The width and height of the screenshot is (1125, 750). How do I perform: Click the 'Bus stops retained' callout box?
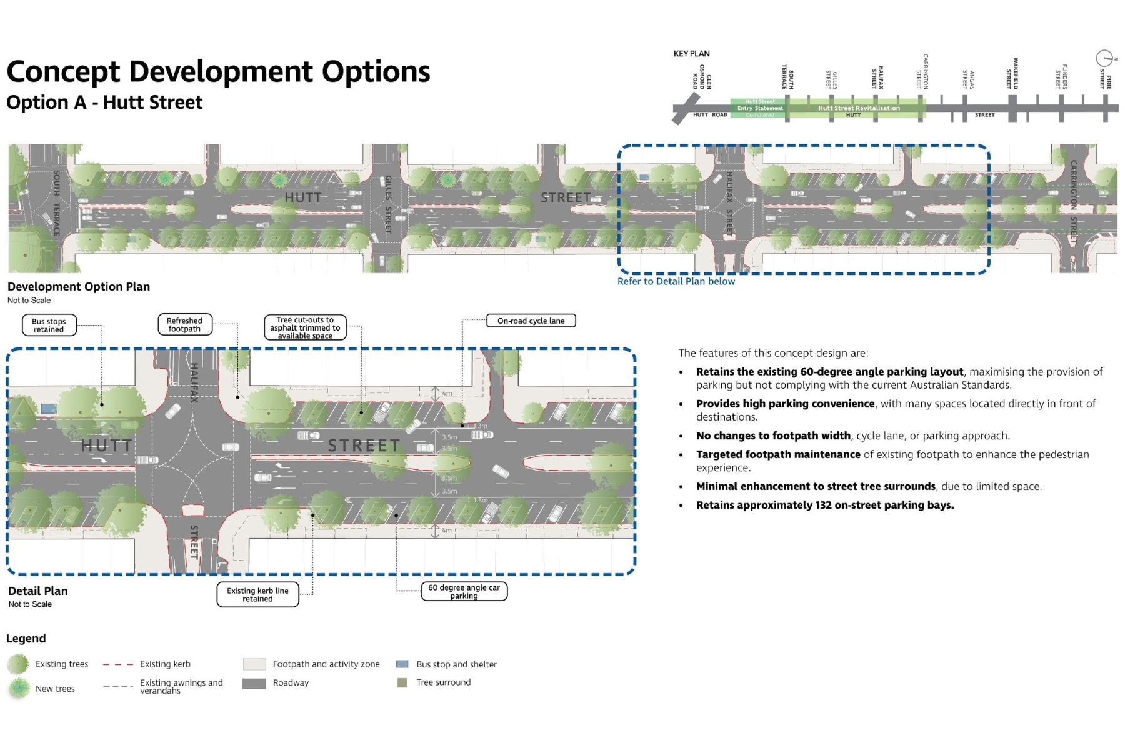[49, 325]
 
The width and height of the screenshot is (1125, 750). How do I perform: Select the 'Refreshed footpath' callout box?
[184, 325]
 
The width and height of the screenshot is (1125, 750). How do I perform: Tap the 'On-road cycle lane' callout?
[531, 321]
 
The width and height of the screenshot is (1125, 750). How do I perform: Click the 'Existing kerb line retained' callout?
[257, 594]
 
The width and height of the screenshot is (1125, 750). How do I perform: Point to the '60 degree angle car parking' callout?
[464, 591]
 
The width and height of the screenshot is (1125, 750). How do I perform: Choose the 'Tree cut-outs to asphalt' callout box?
[305, 327]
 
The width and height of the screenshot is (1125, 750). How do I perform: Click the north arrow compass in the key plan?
[1104, 58]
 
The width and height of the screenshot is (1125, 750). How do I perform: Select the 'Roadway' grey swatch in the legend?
[254, 683]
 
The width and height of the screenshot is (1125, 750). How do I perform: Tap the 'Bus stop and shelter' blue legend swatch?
[402, 664]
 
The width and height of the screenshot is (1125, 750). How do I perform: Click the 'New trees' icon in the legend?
[19, 688]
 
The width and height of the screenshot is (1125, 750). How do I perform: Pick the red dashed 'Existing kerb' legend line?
[117, 664]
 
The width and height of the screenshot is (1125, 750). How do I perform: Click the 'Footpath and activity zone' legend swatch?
[254, 664]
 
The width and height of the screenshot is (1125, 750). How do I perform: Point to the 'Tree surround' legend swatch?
[402, 682]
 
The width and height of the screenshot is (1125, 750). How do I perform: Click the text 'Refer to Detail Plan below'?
[676, 281]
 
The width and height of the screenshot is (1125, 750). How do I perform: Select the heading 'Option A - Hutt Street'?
[104, 102]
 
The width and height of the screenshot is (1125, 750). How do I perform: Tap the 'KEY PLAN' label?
[691, 54]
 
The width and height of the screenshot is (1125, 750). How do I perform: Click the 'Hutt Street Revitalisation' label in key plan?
[859, 108]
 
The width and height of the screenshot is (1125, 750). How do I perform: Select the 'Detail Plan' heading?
[38, 591]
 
